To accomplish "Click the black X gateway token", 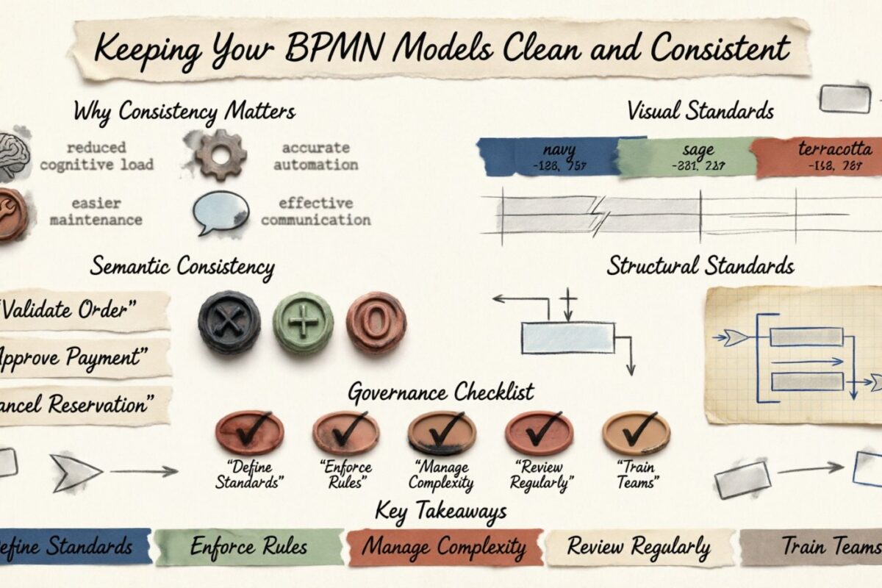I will [x=229, y=322].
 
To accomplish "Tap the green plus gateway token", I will [x=303, y=323].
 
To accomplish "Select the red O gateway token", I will [x=376, y=322].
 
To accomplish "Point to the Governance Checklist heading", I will [x=440, y=391].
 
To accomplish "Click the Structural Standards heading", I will [x=700, y=265].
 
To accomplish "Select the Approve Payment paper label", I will [x=81, y=358].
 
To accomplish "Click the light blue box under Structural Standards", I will [x=567, y=338].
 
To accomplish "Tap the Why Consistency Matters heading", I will [x=184, y=112].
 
